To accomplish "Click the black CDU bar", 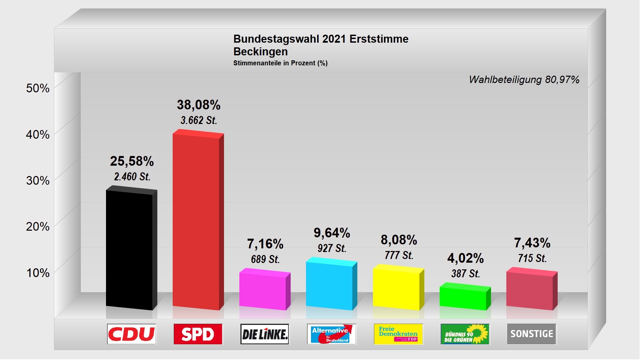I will coord(130,250).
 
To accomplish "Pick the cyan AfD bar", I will coord(330,285).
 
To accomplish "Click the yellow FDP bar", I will coord(396,289).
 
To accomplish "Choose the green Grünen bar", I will coord(463,298).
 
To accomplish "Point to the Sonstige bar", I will coord(530,290).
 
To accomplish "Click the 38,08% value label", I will coord(199,105).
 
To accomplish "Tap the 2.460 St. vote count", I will coord(132,176).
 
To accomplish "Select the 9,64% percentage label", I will coord(332,233).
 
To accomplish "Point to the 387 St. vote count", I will coord(466,274).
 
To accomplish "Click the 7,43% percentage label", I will coord(532,243).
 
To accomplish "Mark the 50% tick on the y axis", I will coord(38,88).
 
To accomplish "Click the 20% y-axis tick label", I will coord(38,227).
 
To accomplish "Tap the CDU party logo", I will coord(132,334).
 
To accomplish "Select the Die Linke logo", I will coord(265,334).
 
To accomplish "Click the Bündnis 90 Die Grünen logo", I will coord(465,334).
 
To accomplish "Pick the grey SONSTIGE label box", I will coord(532,334).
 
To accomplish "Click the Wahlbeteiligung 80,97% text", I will coord(524,80).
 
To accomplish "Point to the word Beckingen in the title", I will coord(261,52).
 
